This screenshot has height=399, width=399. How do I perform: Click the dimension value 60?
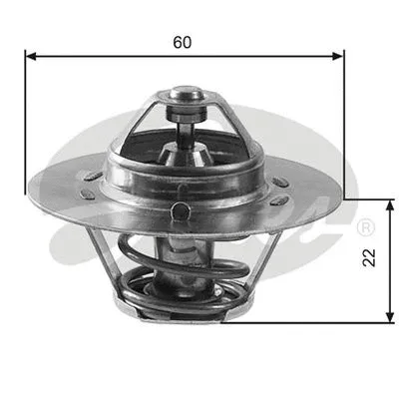[183, 42]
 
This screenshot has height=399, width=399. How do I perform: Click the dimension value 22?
[369, 259]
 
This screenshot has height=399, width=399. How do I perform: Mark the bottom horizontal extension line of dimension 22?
[319, 322]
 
